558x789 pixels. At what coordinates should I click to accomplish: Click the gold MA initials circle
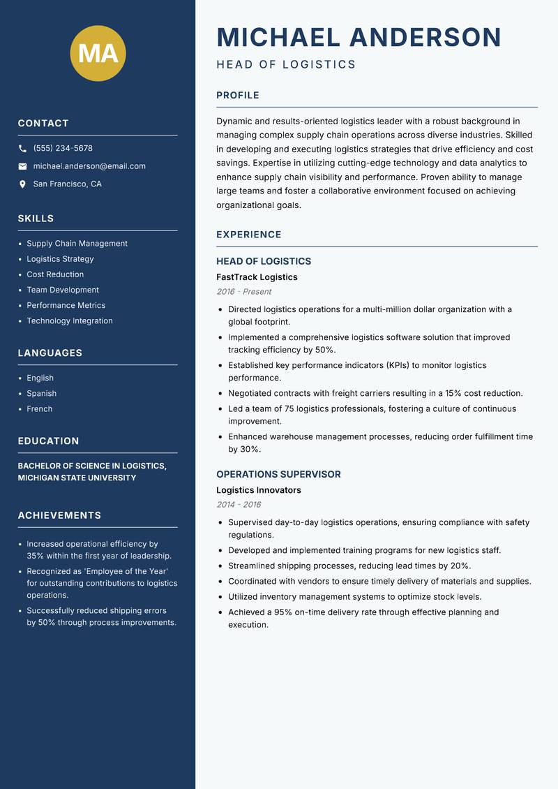click(x=98, y=53)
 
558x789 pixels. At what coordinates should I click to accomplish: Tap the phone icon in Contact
click(x=22, y=149)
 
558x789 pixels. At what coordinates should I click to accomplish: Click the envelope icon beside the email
click(x=22, y=166)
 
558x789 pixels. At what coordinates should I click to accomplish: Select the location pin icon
click(x=22, y=184)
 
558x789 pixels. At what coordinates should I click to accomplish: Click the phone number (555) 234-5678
click(x=63, y=149)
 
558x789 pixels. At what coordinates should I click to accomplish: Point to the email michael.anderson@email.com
click(x=89, y=166)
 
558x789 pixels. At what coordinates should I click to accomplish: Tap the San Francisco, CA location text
click(x=67, y=184)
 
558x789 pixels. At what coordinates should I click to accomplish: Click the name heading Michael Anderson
click(x=359, y=37)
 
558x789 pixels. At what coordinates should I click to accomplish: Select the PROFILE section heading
click(x=238, y=96)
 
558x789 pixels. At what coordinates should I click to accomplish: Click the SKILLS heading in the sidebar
click(x=36, y=219)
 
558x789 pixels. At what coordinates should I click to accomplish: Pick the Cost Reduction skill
click(x=55, y=274)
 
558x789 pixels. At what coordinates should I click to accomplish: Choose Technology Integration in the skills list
click(x=70, y=321)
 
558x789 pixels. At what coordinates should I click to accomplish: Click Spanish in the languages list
click(x=42, y=394)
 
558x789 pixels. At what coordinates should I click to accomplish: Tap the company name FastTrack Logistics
click(x=257, y=277)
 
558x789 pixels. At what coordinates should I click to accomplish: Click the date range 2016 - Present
click(x=243, y=292)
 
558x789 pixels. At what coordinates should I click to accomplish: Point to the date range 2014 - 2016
click(x=239, y=505)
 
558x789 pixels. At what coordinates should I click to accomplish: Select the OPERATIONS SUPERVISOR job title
click(x=278, y=474)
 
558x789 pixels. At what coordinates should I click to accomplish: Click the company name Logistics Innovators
click(x=259, y=490)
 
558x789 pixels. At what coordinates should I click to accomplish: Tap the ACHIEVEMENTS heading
click(x=59, y=515)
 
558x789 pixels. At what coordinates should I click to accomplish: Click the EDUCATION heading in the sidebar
click(x=48, y=441)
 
